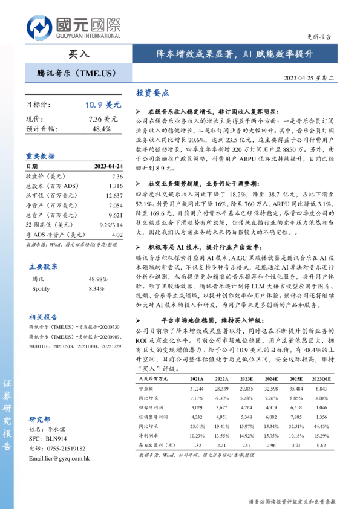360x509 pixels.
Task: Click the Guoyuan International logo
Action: (73, 27)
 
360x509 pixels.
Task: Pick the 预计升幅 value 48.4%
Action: (102, 129)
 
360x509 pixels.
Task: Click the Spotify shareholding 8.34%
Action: (97, 289)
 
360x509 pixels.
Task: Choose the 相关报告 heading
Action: (44, 317)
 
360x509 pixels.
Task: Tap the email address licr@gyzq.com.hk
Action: (59, 458)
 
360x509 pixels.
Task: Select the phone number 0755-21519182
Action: (67, 449)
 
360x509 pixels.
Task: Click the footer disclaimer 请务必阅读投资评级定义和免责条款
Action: (292, 502)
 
